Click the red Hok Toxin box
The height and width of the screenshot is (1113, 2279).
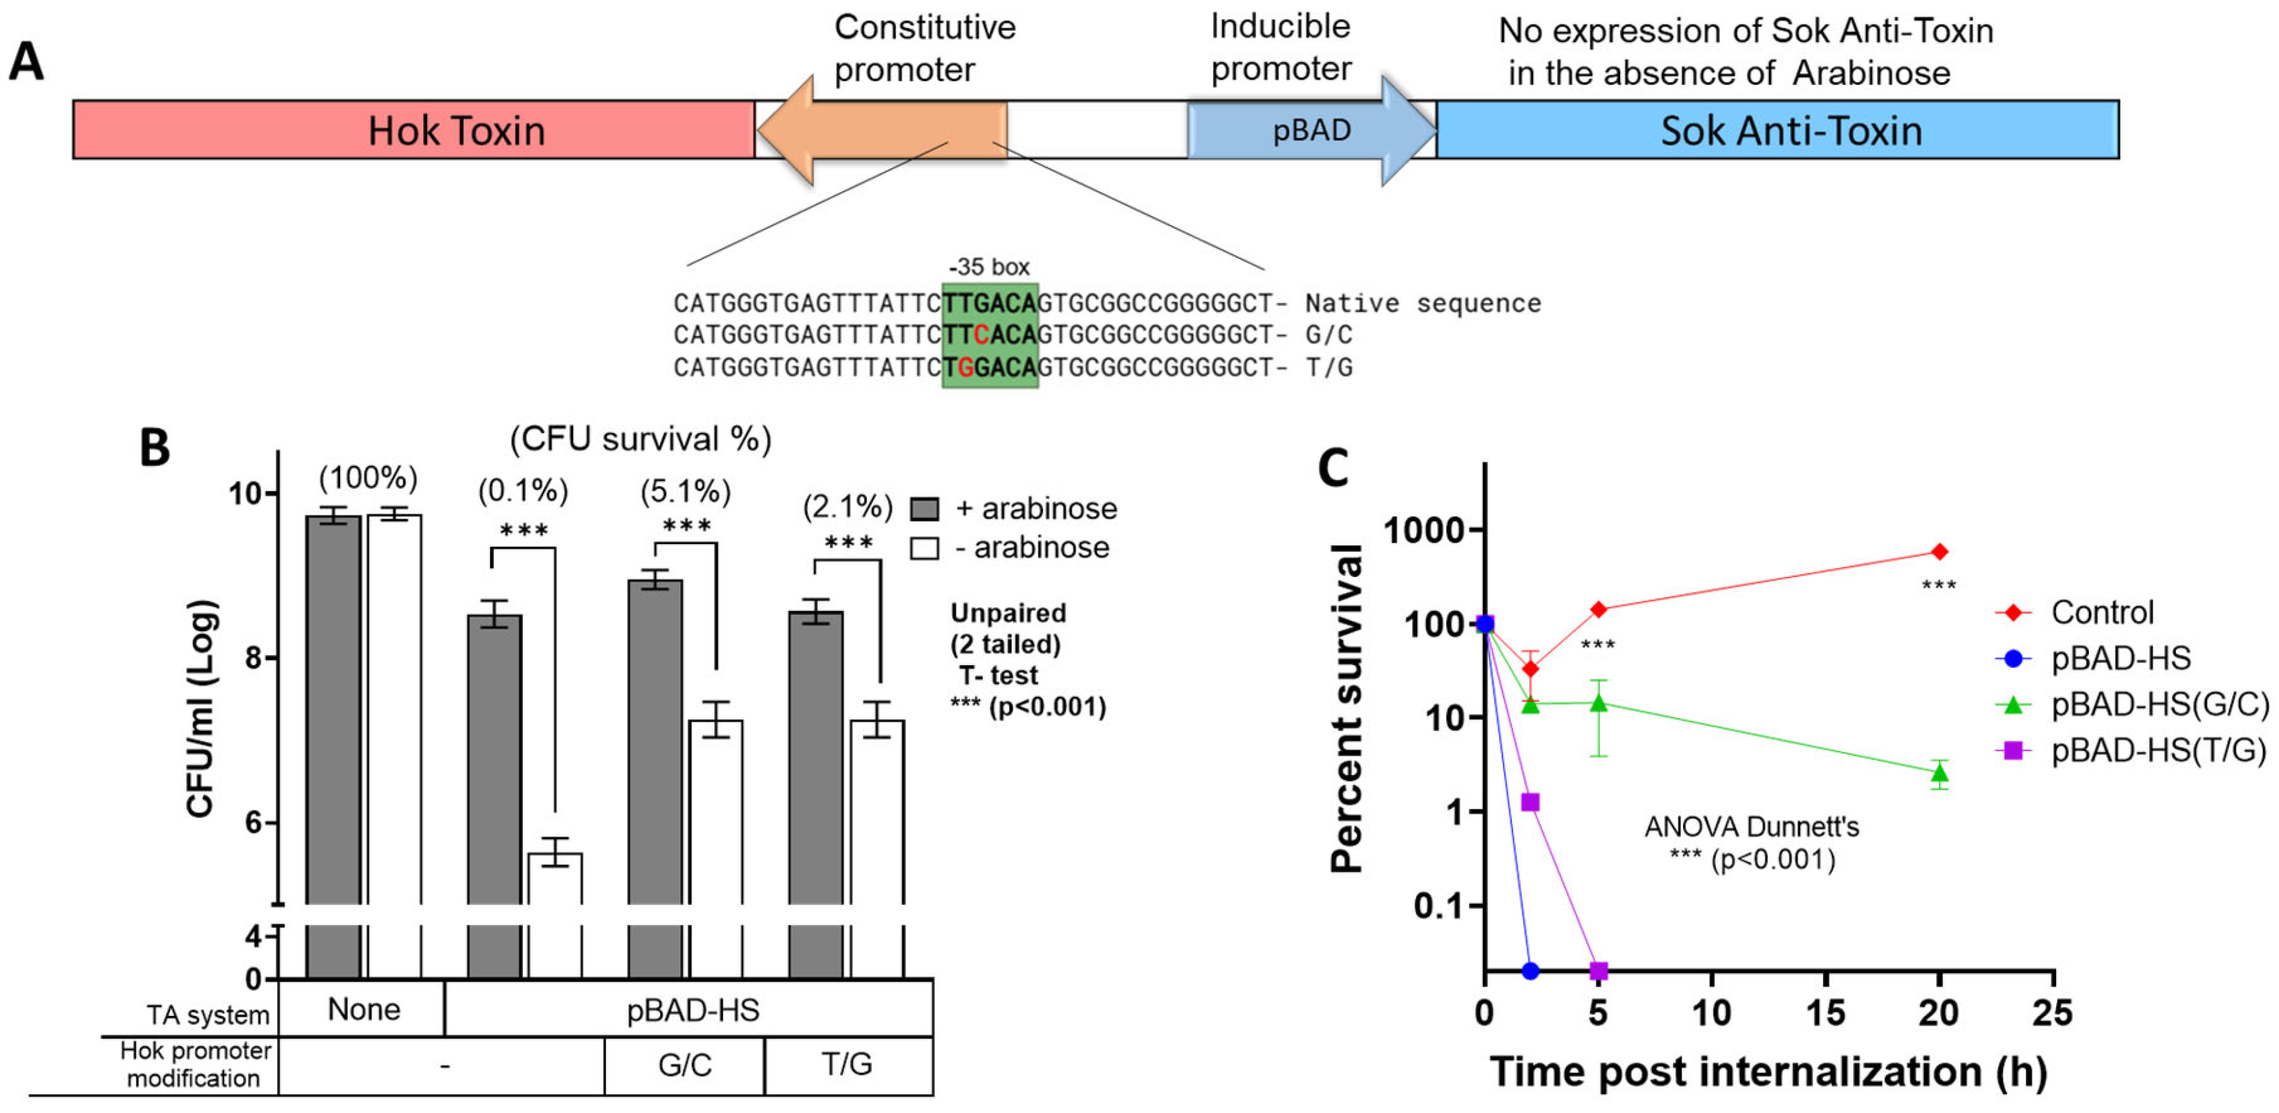[414, 130]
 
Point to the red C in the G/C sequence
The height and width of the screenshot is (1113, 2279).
[980, 335]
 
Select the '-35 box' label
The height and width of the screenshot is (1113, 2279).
[989, 267]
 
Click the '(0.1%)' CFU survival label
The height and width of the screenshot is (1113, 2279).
[523, 490]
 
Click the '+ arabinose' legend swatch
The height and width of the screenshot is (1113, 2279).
[925, 509]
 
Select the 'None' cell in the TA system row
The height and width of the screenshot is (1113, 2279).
[364, 1009]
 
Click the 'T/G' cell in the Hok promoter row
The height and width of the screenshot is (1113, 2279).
[848, 1064]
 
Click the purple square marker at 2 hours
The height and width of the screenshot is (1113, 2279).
[1530, 802]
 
